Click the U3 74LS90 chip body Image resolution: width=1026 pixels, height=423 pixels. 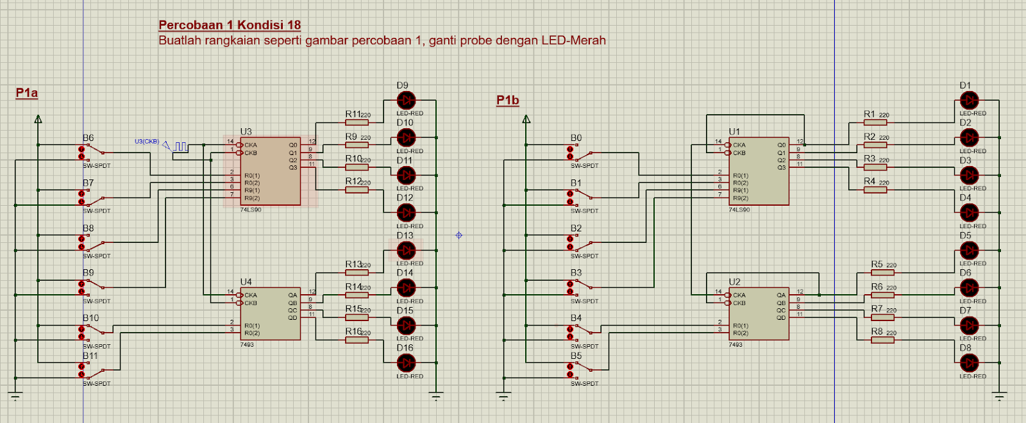(270, 171)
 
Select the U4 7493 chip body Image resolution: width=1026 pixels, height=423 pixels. (270, 313)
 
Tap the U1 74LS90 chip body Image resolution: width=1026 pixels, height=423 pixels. (759, 171)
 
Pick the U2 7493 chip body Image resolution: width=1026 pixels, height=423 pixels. (759, 313)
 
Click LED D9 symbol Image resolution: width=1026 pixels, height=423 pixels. (406, 101)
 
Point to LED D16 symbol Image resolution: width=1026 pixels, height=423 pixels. (406, 363)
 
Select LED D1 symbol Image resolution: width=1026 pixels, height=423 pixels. (969, 101)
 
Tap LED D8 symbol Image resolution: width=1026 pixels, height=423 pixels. (969, 363)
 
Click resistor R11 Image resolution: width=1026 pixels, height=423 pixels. (357, 122)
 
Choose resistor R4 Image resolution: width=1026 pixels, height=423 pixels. (875, 190)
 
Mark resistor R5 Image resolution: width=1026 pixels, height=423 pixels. (882, 272)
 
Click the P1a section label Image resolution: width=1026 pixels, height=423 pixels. (27, 93)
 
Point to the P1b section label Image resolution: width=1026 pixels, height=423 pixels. (507, 100)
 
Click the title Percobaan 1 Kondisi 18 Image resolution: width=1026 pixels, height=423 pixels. (230, 25)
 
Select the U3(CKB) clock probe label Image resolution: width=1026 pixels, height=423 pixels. (147, 142)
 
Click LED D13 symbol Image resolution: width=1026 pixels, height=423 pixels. (406, 251)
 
